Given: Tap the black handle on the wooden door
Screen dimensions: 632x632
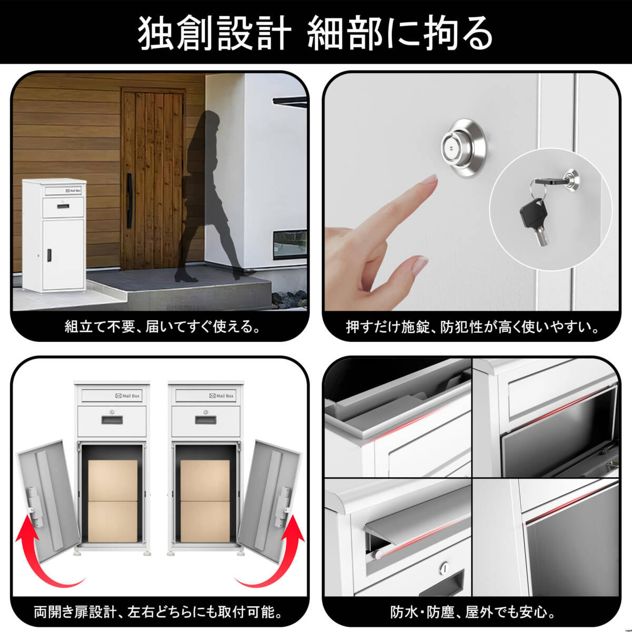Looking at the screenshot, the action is point(130,201).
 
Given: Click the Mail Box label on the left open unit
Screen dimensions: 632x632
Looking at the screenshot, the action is point(127,396).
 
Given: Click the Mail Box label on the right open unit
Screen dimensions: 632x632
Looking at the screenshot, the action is point(222,396).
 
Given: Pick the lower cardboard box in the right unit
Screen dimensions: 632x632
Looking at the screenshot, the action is point(205,521).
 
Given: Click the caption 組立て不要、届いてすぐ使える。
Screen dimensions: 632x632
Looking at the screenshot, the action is point(163,327).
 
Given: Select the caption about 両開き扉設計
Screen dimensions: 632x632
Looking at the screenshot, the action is point(158,612).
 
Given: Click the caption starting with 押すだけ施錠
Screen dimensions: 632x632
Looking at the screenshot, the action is point(473,327).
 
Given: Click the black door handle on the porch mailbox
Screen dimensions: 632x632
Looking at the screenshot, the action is point(49,255).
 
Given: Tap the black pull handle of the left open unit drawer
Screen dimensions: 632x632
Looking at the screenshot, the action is point(112,420).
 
